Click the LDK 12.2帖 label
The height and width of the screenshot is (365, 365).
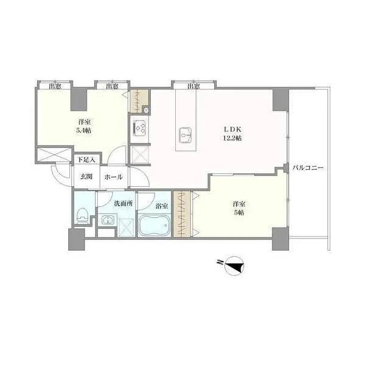232,134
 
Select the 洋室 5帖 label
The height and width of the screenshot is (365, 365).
239,208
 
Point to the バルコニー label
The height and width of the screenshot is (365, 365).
308,168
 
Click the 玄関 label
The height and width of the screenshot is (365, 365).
86,176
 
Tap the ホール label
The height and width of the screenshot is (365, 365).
113,177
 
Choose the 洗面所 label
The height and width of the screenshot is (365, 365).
123,203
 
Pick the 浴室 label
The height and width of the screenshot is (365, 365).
162,206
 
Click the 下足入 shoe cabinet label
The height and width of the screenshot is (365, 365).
86,160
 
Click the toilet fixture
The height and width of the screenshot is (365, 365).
82,215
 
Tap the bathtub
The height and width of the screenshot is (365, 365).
155,225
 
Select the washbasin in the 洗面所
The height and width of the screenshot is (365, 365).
108,220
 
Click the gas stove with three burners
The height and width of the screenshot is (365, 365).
139,128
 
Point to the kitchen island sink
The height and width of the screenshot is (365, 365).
186,135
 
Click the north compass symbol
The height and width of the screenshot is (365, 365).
234,266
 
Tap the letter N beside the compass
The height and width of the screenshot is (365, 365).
219,262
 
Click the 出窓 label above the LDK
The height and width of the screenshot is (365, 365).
193,86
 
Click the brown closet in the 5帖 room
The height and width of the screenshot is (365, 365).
182,214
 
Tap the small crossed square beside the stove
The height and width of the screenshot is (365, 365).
146,110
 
